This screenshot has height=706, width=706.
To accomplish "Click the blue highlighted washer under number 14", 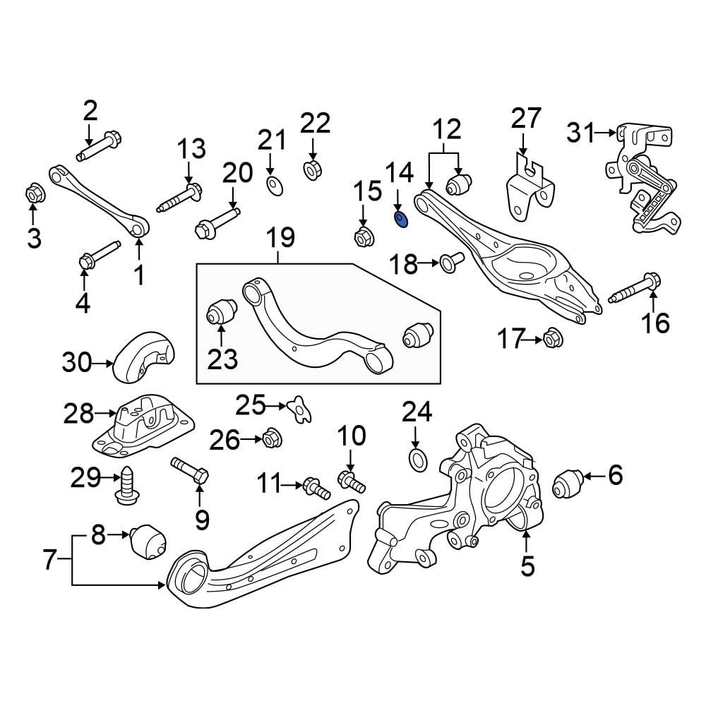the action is tap(400, 220).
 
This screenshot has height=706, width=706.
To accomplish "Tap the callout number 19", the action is tap(280, 237).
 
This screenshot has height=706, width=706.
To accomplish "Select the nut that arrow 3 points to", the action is tap(34, 195).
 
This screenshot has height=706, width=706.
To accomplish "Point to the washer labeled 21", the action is tap(275, 186).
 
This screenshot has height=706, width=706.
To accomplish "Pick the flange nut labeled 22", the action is tap(312, 169).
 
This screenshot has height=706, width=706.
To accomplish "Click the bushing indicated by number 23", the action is tap(221, 310).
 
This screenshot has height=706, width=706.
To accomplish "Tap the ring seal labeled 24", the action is tap(418, 460).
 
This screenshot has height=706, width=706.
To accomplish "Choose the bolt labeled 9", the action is tap(189, 470).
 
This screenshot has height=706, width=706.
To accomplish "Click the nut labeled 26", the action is tap(272, 437).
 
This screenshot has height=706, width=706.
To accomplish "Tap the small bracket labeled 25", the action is tap(299, 409).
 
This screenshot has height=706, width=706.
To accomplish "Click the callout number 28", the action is tap(78, 413).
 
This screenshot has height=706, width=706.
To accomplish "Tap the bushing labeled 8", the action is tap(148, 542).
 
